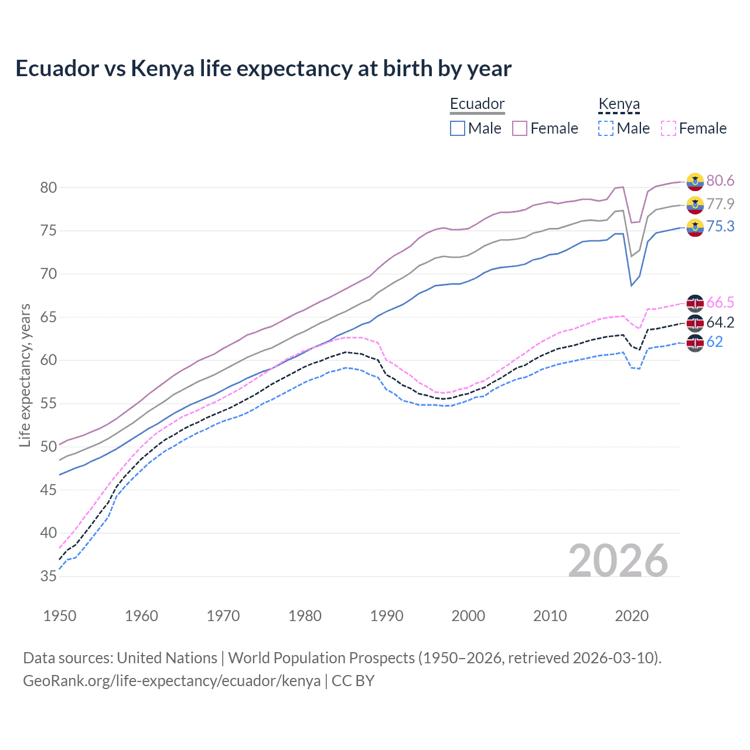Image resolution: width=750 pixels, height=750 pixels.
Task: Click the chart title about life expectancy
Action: (263, 69)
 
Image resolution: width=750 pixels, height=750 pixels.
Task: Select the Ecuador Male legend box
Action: (458, 128)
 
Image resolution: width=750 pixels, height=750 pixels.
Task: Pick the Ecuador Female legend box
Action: (520, 128)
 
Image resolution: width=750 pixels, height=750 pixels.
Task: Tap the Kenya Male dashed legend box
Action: (606, 128)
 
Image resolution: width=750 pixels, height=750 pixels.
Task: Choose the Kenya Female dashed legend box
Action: (669, 128)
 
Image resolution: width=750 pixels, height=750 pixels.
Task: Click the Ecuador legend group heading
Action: (477, 104)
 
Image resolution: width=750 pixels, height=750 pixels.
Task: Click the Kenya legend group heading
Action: (619, 104)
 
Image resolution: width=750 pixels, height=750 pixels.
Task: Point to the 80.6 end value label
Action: (720, 181)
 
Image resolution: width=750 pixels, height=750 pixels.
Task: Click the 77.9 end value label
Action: (720, 204)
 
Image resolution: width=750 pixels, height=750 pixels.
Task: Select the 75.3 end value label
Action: (720, 227)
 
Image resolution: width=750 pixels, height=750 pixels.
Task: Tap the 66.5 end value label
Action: (720, 303)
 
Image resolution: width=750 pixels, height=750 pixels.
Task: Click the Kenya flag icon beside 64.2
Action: (695, 323)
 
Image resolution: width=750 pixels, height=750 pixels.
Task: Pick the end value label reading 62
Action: (715, 342)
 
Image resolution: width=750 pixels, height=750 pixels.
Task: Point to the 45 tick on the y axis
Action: (49, 490)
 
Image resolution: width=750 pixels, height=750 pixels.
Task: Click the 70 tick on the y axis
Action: (49, 274)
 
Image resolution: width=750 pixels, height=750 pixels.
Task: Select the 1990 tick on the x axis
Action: (387, 616)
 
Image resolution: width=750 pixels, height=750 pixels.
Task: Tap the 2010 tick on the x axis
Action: (550, 616)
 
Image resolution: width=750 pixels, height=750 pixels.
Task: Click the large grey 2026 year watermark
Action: (618, 561)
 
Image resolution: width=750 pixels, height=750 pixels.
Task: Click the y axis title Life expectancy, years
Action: (25, 375)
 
